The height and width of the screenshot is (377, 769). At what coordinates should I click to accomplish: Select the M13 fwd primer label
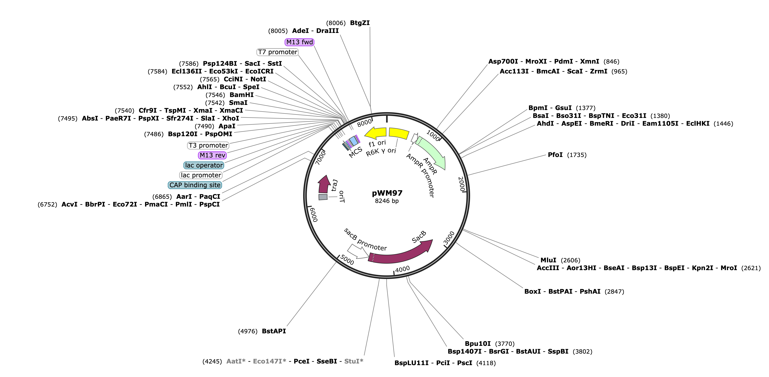pos(299,42)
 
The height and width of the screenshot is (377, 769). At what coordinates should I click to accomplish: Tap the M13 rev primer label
pos(212,155)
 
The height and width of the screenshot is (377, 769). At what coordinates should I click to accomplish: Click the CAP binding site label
pos(195,185)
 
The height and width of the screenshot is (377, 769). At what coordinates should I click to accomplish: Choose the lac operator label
pos(204,165)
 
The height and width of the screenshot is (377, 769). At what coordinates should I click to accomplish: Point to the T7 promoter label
pos(278,52)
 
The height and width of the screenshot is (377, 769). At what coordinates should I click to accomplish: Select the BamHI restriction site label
pos(242,95)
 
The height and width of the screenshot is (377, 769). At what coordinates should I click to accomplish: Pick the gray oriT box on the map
pos(323,197)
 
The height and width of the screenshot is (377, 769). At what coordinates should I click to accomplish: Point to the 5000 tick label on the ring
pos(347,260)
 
